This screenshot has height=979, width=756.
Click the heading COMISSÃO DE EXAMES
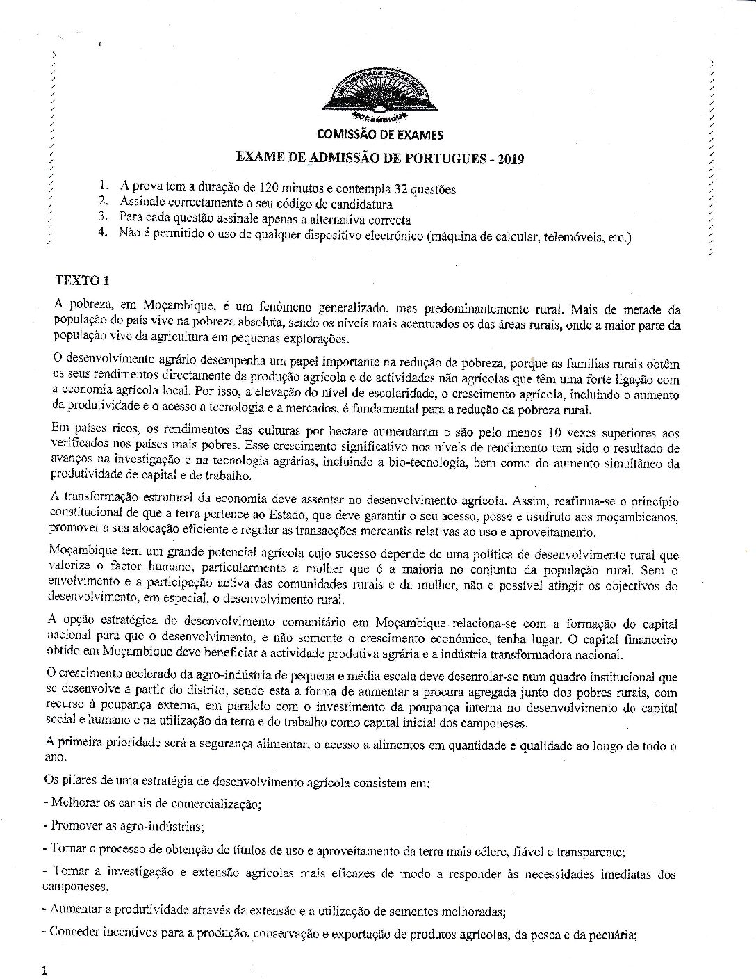pos(379,135)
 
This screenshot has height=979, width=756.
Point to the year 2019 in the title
pos(510,159)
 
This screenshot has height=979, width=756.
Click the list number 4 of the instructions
pos(104,234)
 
